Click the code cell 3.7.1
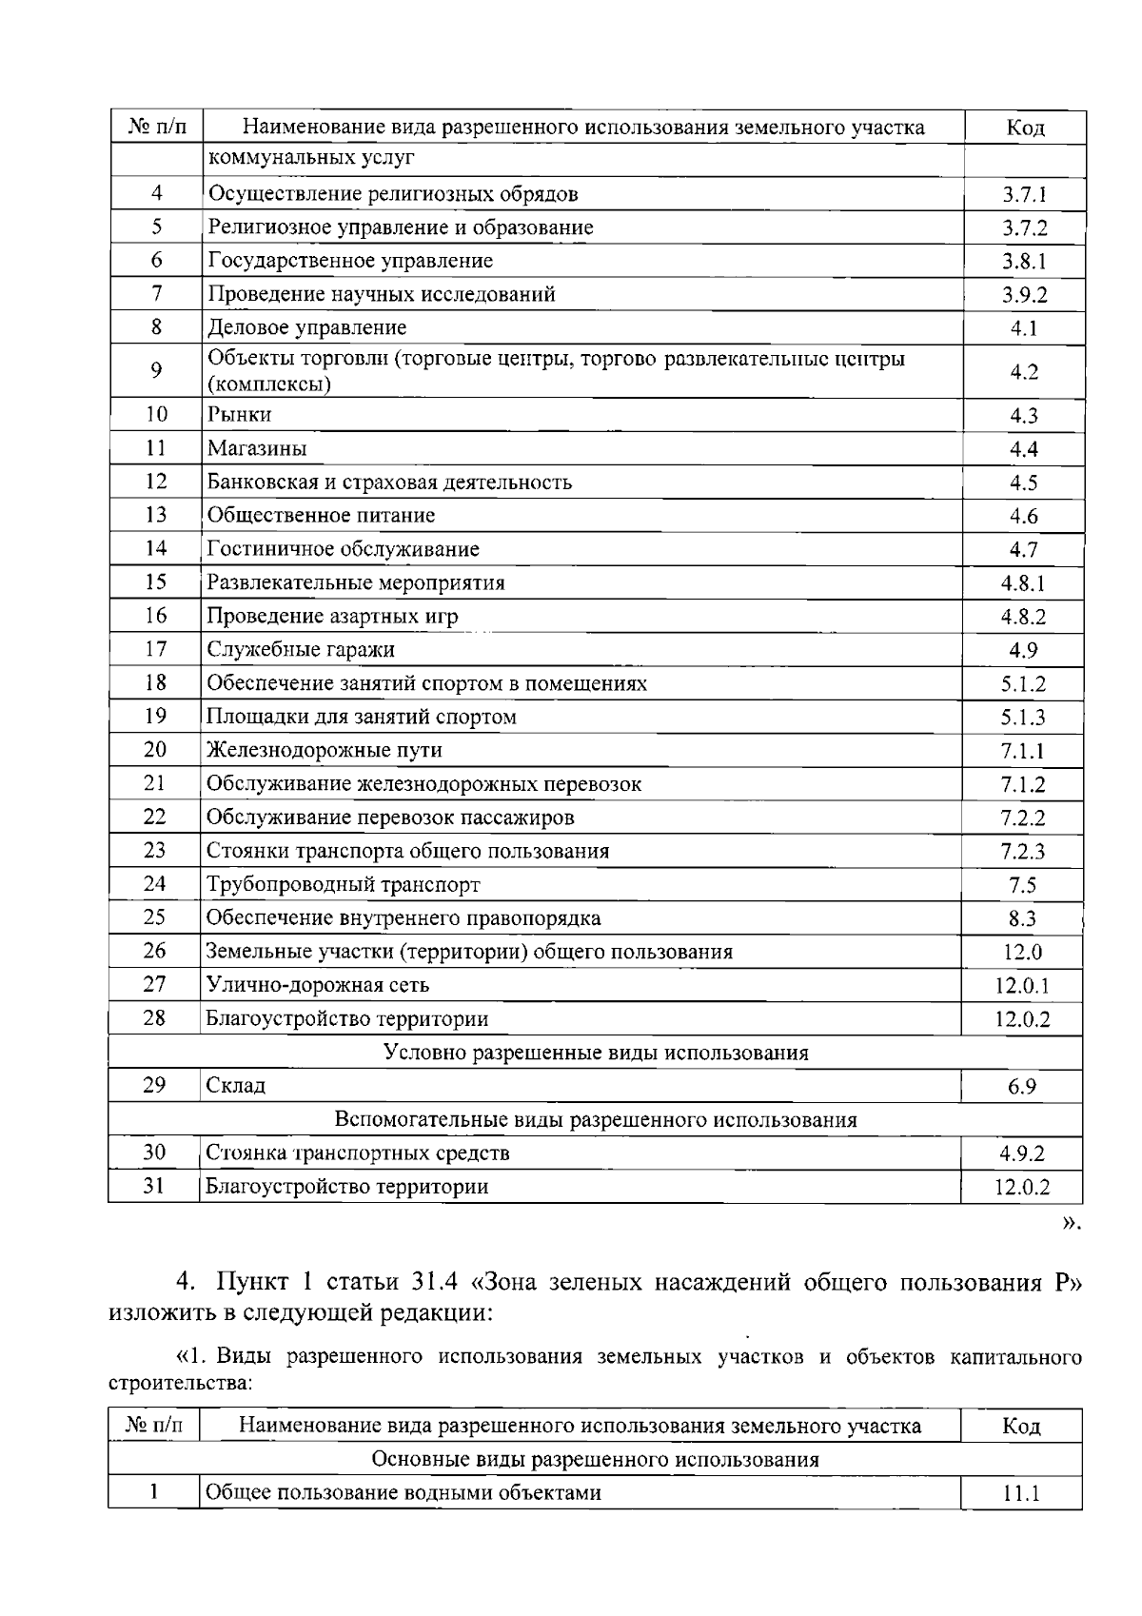1024,195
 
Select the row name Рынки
240,414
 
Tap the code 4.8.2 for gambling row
1023,617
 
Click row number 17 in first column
156,649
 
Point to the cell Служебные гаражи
301,650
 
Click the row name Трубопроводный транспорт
344,885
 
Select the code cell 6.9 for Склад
1022,1087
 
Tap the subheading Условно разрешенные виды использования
596,1053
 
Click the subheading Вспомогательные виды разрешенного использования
596,1120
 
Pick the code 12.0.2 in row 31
1022,1188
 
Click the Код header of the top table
1024,128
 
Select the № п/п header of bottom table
153,1425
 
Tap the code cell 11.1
1022,1494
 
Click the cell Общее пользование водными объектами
404,1492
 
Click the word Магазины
257,448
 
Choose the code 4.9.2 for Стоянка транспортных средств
1022,1154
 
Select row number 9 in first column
156,370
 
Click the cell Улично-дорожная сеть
318,985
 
